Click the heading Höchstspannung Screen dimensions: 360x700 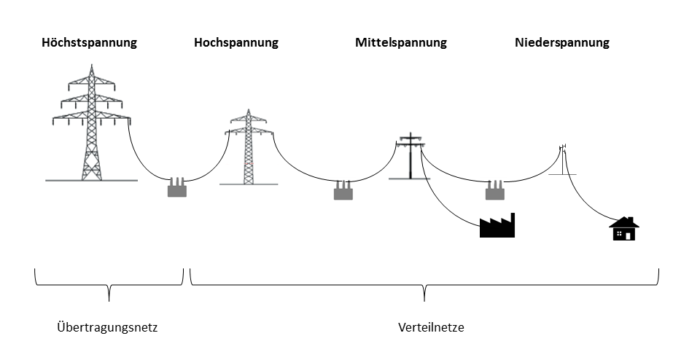(x=88, y=43)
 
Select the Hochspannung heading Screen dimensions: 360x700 (x=236, y=43)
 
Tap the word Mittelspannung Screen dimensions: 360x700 (x=401, y=43)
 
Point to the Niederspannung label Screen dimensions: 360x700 (x=561, y=43)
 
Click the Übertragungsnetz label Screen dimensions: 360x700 (x=107, y=328)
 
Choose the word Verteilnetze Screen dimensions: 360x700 (x=432, y=328)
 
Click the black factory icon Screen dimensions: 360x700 (x=497, y=227)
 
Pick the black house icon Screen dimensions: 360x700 (x=623, y=230)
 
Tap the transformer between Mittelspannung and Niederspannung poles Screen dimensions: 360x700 (x=495, y=192)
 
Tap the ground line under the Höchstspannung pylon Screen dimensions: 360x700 (x=91, y=181)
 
